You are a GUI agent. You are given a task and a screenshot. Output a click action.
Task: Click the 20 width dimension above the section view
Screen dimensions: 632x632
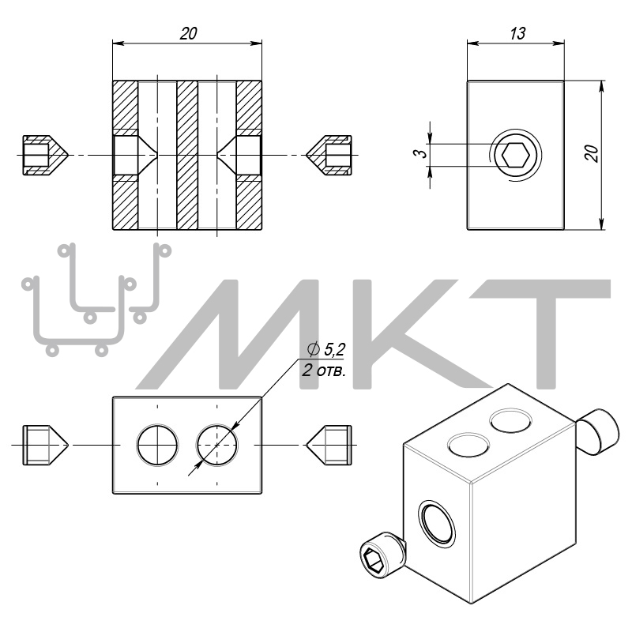coord(188,33)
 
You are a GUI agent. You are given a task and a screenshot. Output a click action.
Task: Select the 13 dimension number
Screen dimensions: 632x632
coord(517,33)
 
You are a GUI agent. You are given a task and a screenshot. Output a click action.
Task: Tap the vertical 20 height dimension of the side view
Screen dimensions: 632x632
coord(592,153)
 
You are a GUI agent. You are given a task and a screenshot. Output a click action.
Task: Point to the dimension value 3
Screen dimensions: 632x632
coord(420,153)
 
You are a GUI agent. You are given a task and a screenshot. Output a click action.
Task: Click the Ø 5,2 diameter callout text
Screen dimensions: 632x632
coord(326,349)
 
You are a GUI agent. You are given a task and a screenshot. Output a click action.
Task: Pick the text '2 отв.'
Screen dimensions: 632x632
coord(324,370)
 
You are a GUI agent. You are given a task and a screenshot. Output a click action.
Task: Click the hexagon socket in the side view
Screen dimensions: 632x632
coord(516,155)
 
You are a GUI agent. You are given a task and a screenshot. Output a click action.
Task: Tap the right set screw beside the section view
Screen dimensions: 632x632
coord(329,155)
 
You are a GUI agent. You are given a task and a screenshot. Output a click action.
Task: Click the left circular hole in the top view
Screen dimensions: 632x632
coord(157,445)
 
